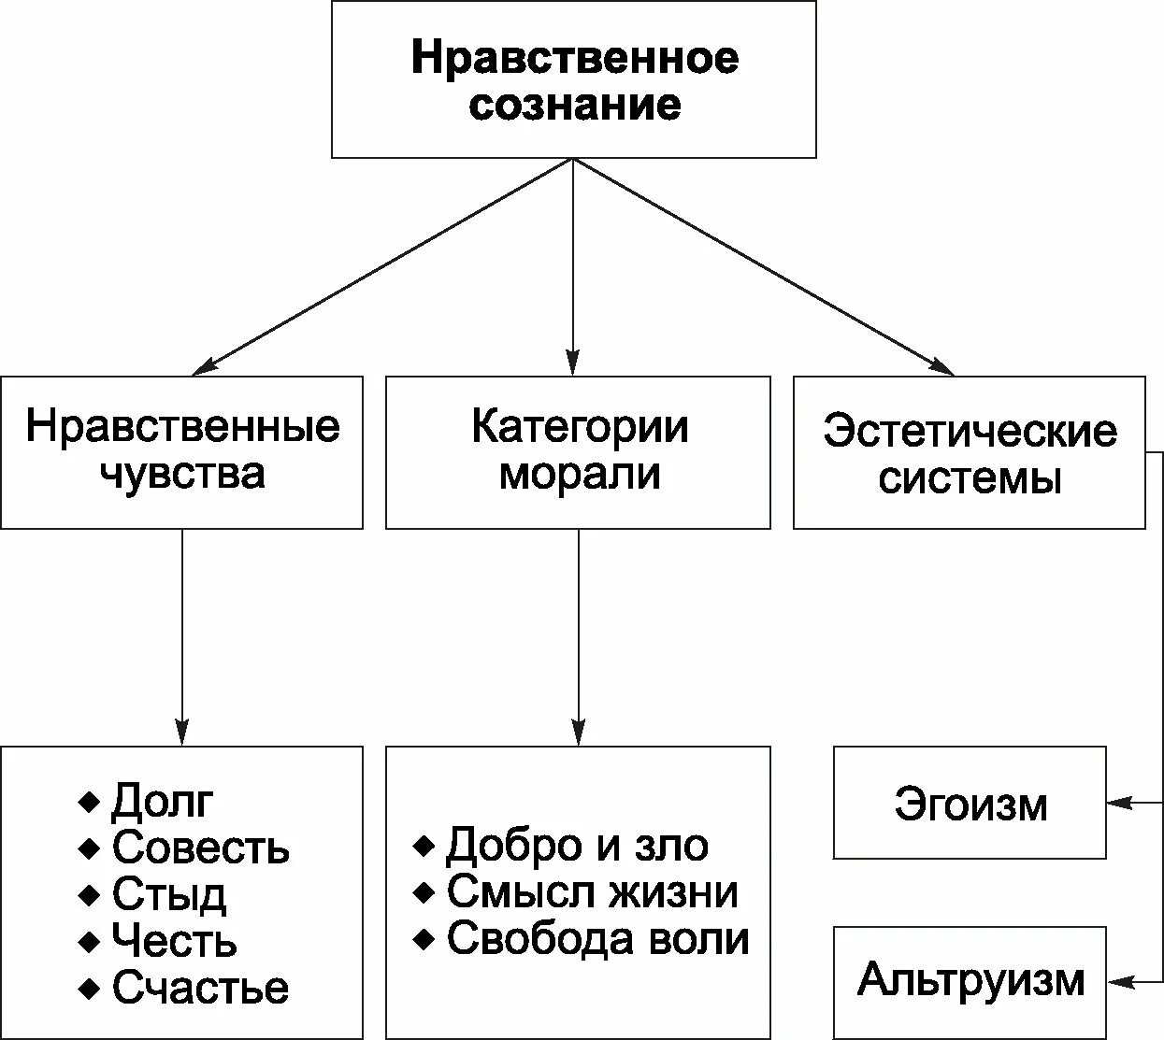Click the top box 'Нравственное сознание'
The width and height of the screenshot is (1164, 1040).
click(x=574, y=79)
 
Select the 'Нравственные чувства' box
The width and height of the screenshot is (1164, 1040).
click(x=181, y=451)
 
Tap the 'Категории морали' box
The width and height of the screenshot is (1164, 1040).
click(x=578, y=451)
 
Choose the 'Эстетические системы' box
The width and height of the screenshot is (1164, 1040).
click(x=969, y=453)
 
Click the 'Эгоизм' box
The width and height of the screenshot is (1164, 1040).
click(x=970, y=803)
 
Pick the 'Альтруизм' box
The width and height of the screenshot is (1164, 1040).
click(x=970, y=979)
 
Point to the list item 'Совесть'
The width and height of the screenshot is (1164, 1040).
click(x=200, y=848)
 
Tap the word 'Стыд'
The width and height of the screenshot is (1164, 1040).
click(x=168, y=894)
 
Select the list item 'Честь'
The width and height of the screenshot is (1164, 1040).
click(x=174, y=940)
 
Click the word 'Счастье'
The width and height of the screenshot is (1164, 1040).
click(x=200, y=988)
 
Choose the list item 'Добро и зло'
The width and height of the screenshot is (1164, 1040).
click(x=577, y=846)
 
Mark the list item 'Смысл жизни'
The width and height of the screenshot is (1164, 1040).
click(x=592, y=892)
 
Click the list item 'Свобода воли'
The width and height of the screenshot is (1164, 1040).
click(x=597, y=939)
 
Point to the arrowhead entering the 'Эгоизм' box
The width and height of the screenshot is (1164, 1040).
click(x=1118, y=802)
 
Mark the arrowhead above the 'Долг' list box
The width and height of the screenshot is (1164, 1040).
click(x=181, y=732)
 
